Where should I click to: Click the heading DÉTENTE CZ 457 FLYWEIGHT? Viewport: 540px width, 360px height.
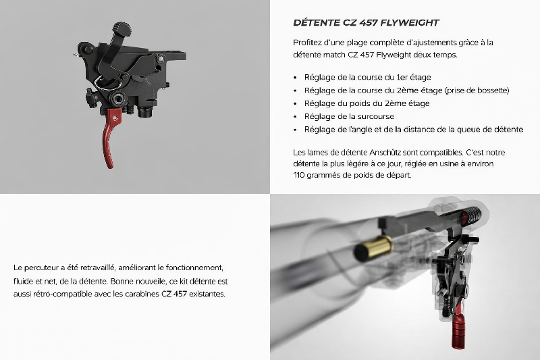(366, 23)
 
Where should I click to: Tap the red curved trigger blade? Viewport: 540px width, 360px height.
(109, 138)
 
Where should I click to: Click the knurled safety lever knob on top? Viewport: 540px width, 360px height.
(122, 29)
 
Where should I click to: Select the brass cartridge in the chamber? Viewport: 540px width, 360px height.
(374, 248)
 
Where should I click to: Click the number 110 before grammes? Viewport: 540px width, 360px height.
(299, 175)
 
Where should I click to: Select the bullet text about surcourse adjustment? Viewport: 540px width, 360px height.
(349, 116)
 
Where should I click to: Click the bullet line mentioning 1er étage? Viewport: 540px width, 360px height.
(367, 77)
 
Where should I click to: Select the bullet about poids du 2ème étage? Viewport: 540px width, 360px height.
(367, 103)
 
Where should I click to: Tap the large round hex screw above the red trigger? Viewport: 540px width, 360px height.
(117, 99)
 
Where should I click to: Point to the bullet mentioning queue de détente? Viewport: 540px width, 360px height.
(414, 130)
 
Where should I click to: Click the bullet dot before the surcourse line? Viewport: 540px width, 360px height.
(295, 117)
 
